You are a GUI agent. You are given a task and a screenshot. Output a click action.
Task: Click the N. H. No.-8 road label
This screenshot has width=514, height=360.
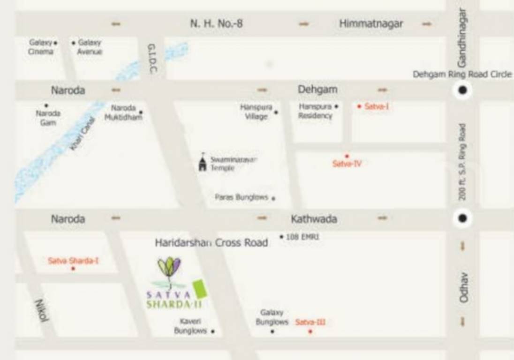click(216, 23)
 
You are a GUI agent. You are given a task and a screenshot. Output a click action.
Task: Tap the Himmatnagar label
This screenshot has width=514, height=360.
click(370, 23)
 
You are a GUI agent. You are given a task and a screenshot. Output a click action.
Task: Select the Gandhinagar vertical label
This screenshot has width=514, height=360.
click(462, 37)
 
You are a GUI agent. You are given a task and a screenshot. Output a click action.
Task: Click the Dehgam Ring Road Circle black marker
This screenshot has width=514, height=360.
click(462, 90)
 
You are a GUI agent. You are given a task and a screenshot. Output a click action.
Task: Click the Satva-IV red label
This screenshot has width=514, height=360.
click(347, 164)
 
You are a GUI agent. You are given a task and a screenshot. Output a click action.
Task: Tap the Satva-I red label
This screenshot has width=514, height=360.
click(377, 106)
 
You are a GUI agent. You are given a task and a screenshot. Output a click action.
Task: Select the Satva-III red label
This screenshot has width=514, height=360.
click(310, 322)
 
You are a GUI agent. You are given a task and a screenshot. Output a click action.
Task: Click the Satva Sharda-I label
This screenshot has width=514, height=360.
click(73, 261)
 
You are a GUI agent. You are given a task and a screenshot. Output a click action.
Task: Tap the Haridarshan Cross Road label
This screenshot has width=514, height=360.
click(212, 243)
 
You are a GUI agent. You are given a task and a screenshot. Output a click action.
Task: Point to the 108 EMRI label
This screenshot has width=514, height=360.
click(302, 237)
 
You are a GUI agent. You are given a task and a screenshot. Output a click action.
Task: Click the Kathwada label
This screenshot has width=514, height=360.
click(314, 219)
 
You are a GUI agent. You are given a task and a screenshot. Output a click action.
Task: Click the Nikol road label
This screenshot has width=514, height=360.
click(42, 310)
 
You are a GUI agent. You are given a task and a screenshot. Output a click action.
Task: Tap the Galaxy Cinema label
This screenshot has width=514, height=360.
click(41, 47)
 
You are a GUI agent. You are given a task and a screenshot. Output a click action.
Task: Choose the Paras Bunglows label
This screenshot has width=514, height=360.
click(242, 197)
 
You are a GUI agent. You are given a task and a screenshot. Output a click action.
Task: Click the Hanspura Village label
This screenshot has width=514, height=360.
click(256, 112)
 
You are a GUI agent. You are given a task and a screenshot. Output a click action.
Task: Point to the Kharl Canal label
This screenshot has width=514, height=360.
click(83, 134)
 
